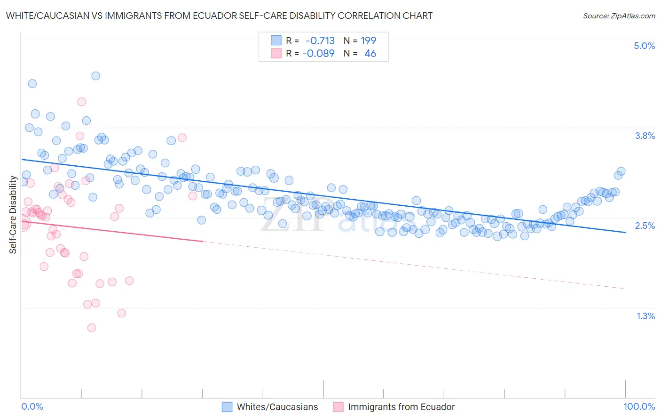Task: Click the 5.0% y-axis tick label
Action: click(644, 46)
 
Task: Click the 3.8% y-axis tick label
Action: click(645, 136)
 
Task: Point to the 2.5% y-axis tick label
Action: click(645, 226)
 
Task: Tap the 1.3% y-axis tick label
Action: click(645, 316)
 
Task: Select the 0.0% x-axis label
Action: click(32, 406)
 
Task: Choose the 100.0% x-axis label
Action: click(639, 406)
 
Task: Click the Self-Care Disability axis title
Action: click(13, 215)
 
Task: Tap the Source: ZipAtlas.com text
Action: click(619, 16)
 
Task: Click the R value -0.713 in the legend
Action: click(320, 40)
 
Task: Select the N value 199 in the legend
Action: click(368, 40)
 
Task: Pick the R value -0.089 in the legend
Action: click(318, 53)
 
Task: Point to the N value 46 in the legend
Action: click(370, 53)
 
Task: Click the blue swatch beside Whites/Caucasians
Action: click(227, 407)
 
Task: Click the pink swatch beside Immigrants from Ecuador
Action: click(338, 407)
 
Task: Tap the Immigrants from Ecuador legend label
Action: click(401, 407)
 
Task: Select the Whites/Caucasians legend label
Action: click(277, 407)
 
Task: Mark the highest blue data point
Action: click(95, 76)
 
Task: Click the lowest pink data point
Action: click(92, 328)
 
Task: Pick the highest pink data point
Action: click(81, 102)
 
